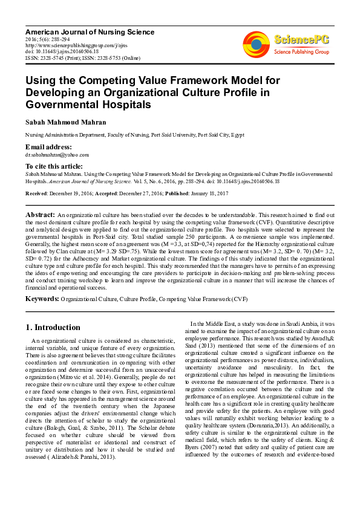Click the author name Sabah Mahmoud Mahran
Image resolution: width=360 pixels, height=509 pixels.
(65, 122)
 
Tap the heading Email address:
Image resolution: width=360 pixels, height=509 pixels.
(48, 148)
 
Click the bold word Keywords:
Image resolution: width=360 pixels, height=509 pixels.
(42, 299)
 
